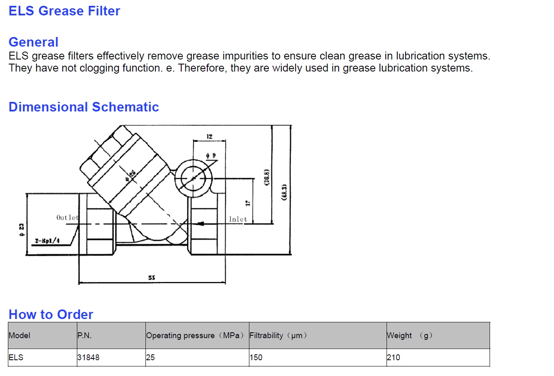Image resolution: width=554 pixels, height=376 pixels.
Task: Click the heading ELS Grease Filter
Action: pos(64,11)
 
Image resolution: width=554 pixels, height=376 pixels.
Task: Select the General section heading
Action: pos(33,42)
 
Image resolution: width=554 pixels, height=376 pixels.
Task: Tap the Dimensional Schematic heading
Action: pos(84,107)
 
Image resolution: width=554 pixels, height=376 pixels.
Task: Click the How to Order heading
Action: pos(51,314)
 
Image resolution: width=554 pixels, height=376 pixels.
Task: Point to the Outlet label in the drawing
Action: pos(67,218)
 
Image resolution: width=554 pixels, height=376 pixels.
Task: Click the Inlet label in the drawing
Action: pos(238,219)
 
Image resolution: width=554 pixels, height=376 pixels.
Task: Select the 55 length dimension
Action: pos(152,277)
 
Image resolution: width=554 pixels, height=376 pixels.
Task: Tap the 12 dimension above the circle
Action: pos(209,136)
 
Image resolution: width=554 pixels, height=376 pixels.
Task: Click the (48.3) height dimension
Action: pos(284,192)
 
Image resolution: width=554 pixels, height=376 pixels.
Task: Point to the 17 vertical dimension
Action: pos(248,203)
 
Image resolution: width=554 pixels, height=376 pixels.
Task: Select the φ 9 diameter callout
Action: pos(211,156)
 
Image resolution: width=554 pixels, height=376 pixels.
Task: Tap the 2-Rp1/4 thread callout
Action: pos(47,241)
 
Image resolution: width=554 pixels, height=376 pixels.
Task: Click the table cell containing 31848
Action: pos(89,357)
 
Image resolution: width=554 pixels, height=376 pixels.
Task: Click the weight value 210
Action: pos(393,357)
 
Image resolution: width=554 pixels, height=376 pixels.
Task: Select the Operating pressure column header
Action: pos(195,335)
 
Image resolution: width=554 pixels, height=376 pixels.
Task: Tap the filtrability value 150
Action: pos(256,357)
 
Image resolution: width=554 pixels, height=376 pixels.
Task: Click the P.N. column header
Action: pos(84,335)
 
